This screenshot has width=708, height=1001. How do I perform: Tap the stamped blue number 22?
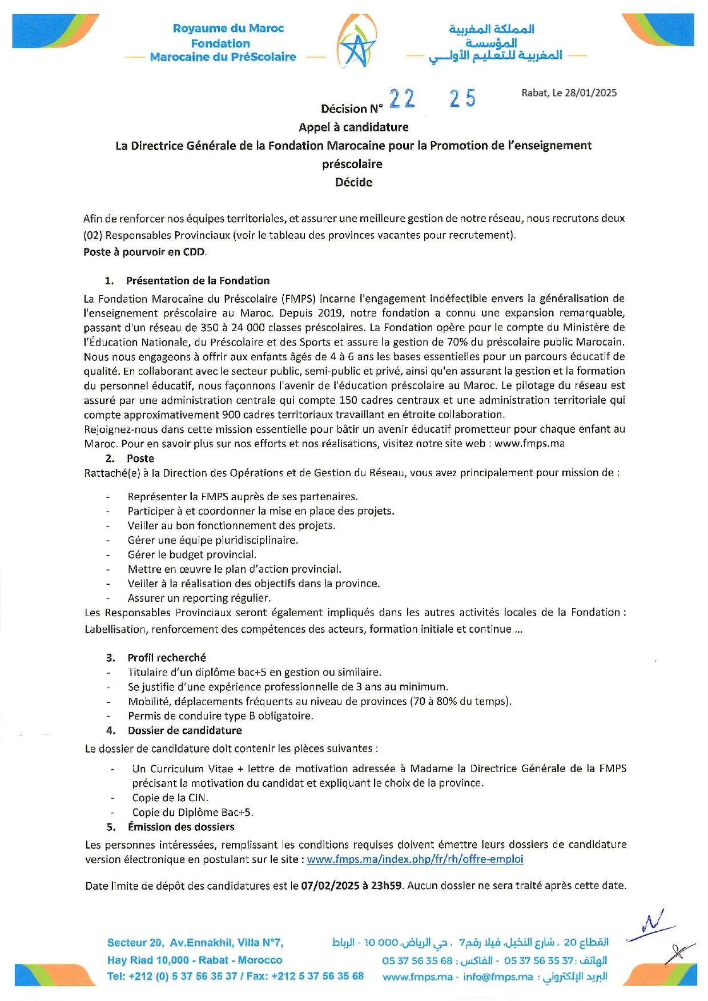[x=402, y=99]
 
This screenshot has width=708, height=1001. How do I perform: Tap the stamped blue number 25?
[x=462, y=98]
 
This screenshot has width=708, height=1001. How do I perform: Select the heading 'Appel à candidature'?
[x=353, y=127]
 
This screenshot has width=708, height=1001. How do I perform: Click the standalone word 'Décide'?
[x=353, y=182]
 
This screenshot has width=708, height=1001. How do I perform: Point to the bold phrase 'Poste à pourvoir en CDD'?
[x=144, y=252]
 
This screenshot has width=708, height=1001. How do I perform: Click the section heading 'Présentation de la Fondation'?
[x=198, y=280]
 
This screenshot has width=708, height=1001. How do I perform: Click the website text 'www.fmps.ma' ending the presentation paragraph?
[x=529, y=444]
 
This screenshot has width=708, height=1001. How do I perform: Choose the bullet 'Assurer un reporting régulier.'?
[x=199, y=598]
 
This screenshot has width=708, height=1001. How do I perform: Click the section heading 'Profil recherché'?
[x=167, y=658]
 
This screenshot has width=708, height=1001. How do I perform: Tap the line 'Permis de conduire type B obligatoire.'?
[x=220, y=716]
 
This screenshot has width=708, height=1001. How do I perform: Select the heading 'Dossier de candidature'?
[x=184, y=730]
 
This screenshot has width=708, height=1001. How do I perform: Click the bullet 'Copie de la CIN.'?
[x=170, y=798]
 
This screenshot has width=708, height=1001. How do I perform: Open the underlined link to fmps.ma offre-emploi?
[x=415, y=859]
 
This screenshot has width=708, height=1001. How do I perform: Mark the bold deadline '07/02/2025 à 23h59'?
[x=351, y=886]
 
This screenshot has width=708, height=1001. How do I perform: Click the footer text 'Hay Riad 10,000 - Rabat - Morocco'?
[x=195, y=960]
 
